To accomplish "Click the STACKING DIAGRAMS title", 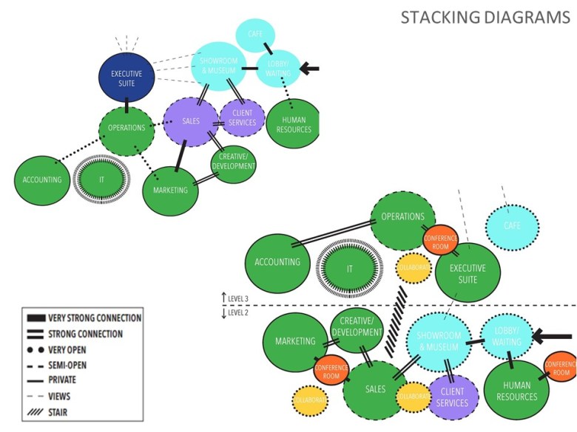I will (x=485, y=17).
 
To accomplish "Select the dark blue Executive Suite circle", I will (x=126, y=78).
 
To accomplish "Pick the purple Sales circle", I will (x=190, y=120).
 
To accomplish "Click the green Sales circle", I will (x=375, y=389).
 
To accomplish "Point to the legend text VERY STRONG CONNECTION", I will (x=94, y=318).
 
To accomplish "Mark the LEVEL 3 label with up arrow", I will (x=236, y=298).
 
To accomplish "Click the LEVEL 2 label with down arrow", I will (x=236, y=313).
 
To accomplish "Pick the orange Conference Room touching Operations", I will (x=440, y=242).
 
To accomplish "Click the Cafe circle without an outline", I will (x=256, y=35).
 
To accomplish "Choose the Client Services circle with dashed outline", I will (x=242, y=117).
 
